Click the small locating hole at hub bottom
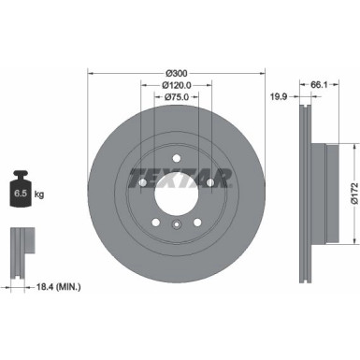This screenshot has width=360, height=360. (176, 225)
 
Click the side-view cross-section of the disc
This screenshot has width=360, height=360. (309, 190)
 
